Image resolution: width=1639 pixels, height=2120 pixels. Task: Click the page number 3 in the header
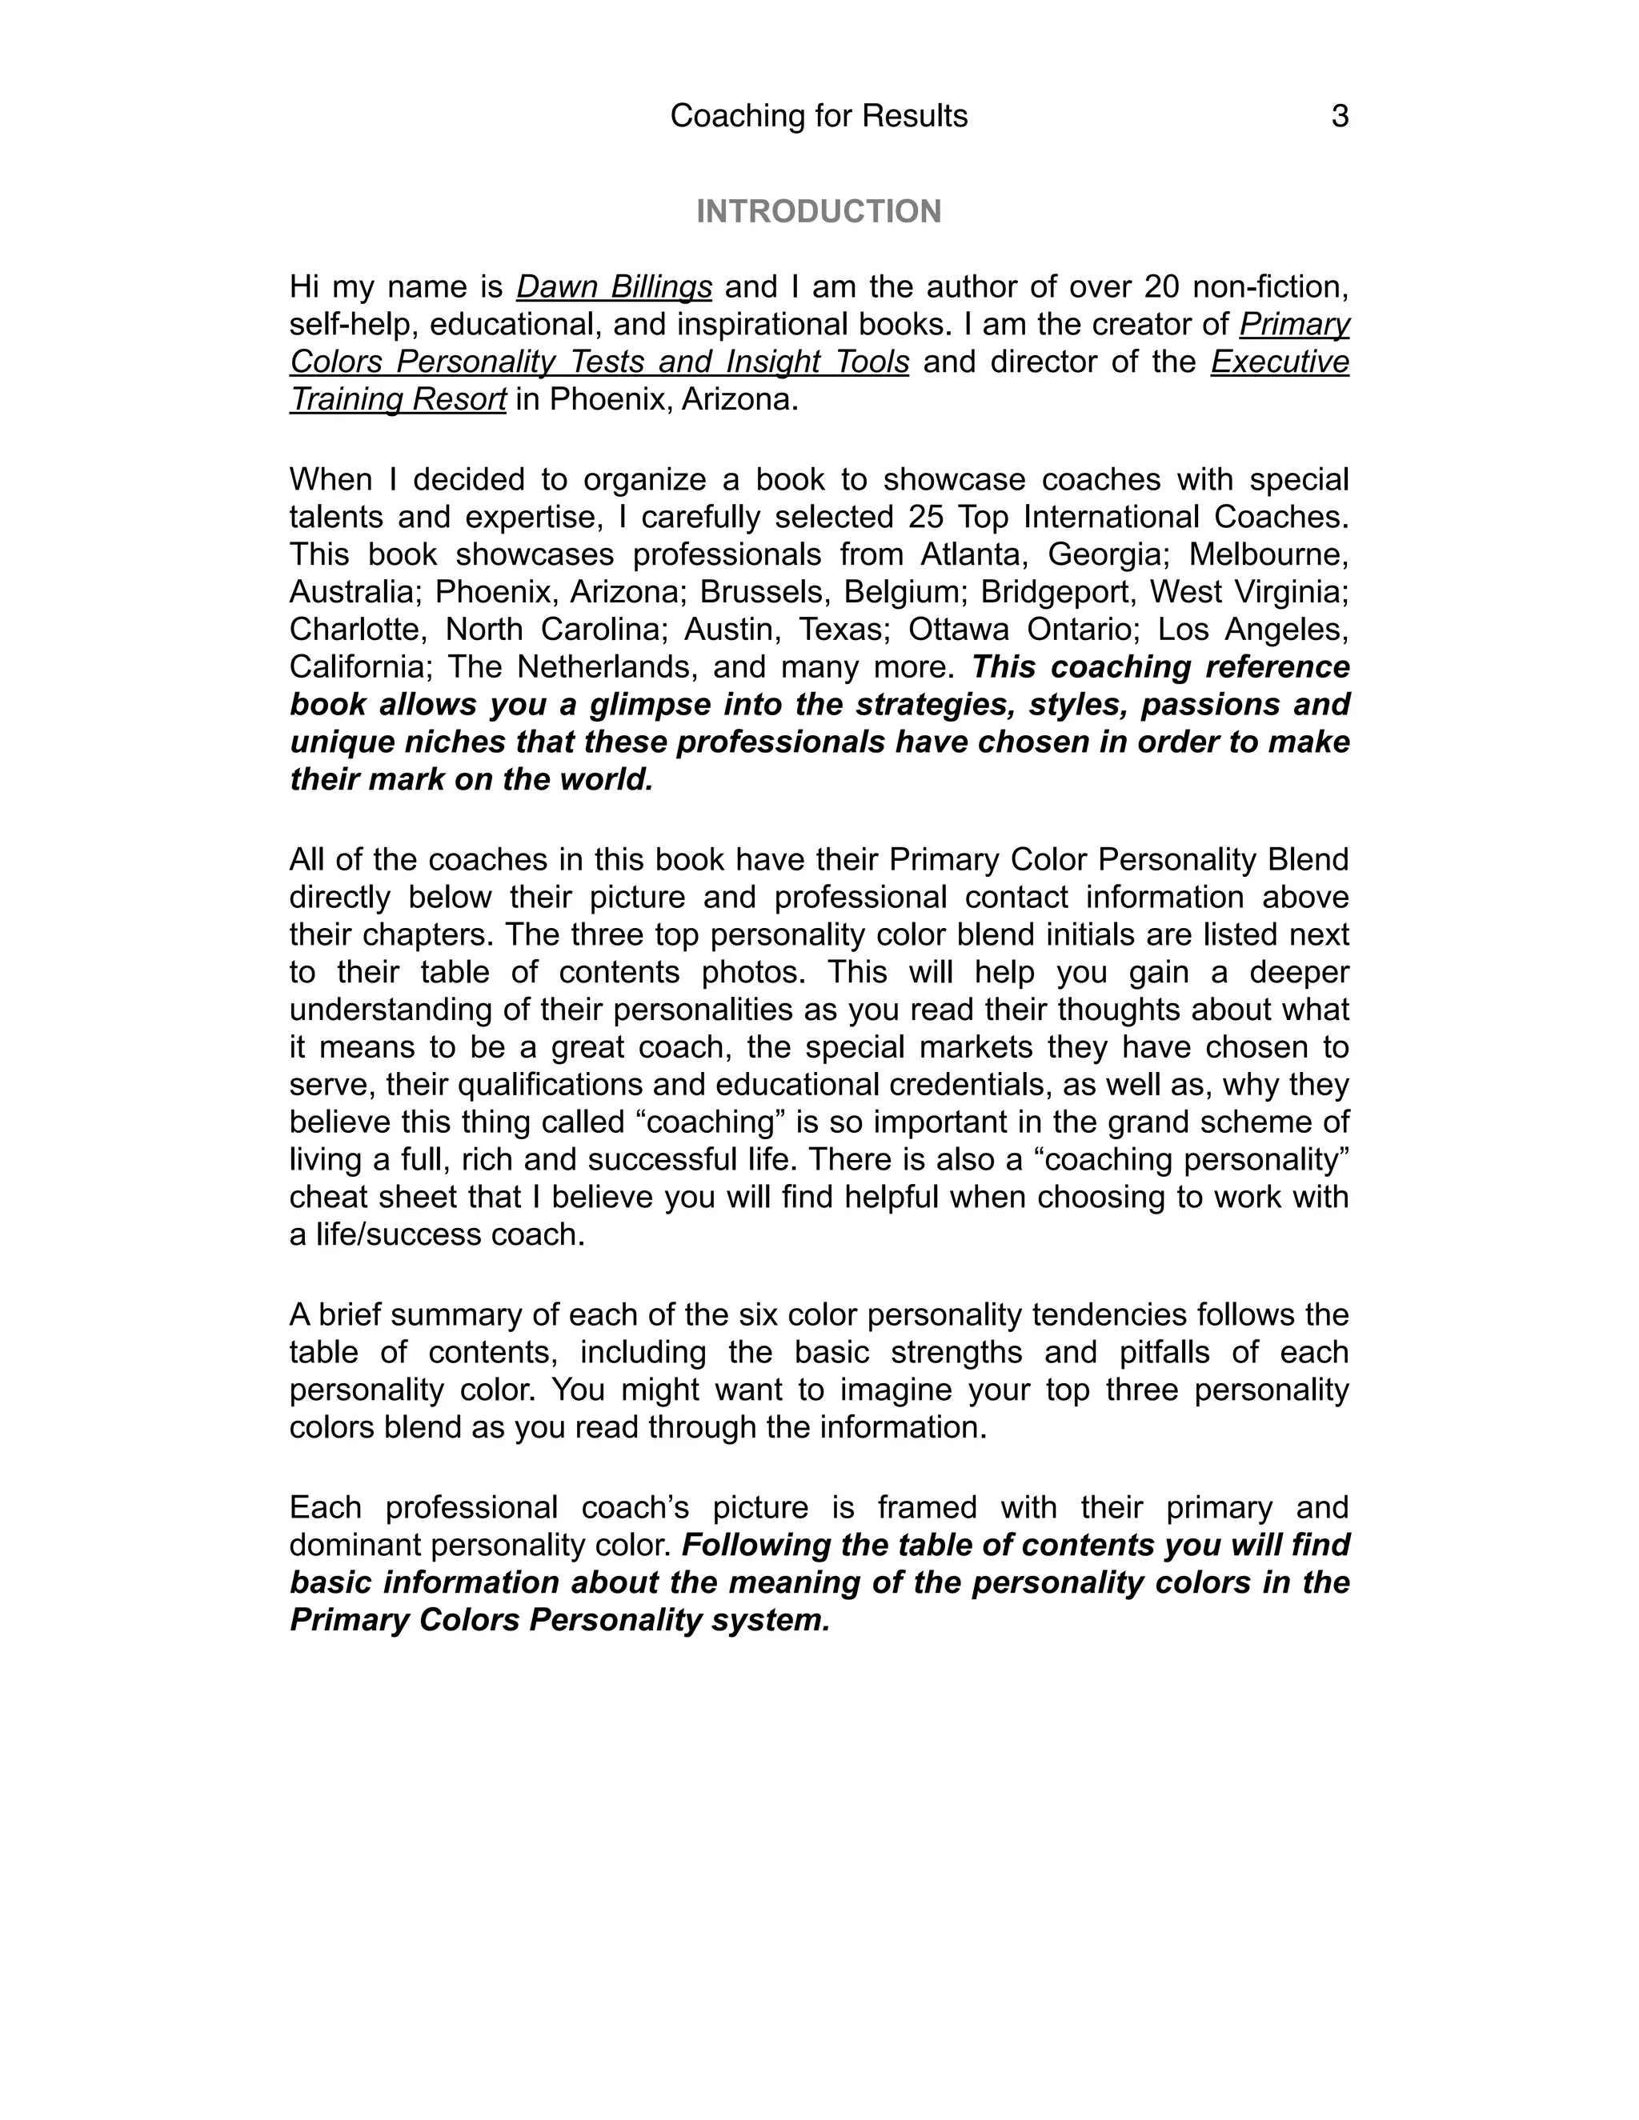pos(1339,117)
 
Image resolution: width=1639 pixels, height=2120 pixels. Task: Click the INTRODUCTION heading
pos(819,212)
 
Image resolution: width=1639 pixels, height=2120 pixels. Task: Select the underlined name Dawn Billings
pos(614,287)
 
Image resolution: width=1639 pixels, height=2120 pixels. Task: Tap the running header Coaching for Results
pos(819,117)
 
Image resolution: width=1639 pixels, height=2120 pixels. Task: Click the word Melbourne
pos(1268,554)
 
